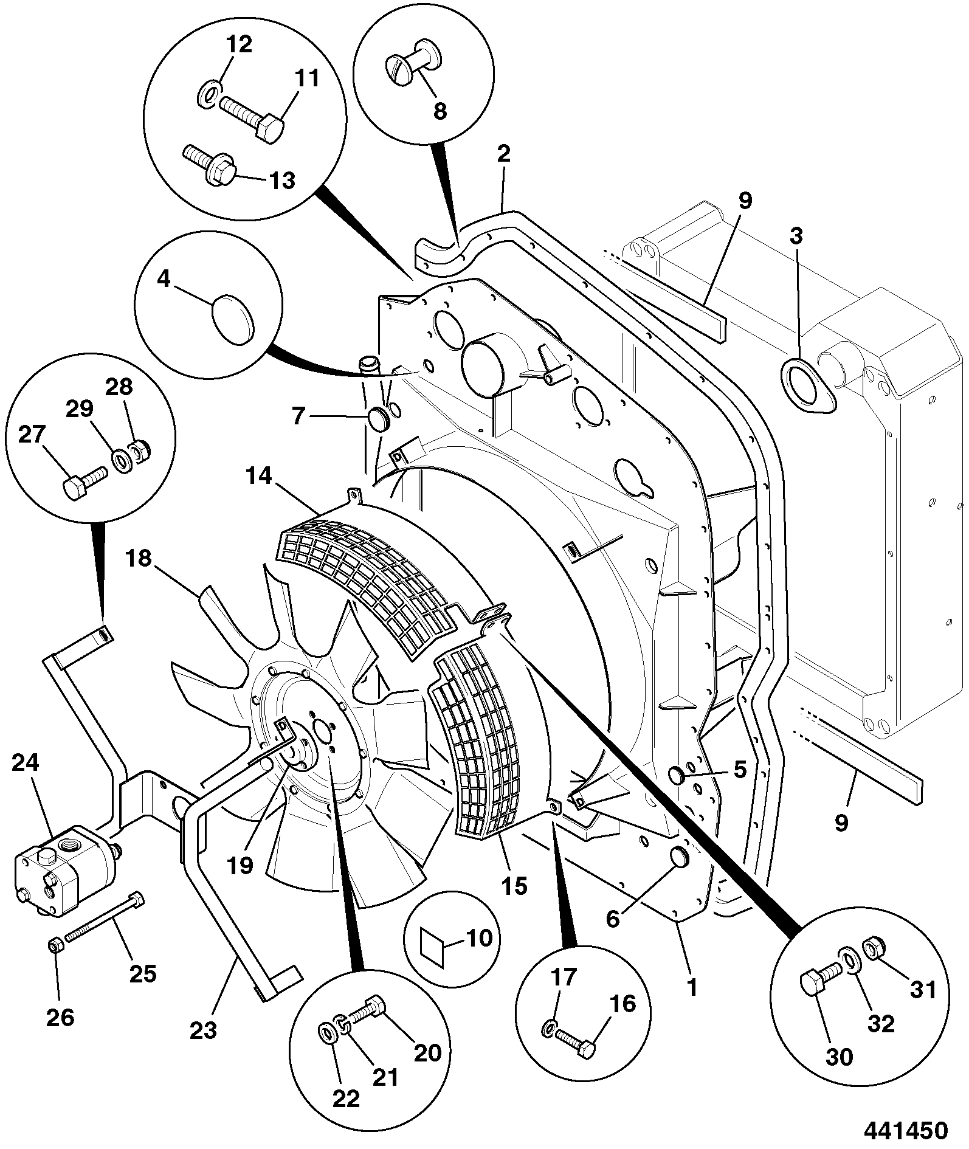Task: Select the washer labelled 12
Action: pos(208,94)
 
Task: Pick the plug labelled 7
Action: pos(379,419)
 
